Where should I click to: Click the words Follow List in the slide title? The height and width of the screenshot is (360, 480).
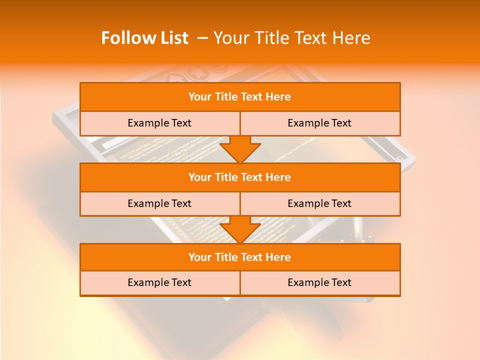(145, 38)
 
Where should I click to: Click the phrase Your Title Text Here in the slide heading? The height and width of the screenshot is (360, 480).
(292, 38)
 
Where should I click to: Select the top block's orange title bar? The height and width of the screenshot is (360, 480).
(240, 97)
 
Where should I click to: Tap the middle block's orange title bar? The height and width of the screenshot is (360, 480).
(240, 177)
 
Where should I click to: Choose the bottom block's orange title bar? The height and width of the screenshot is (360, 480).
(240, 257)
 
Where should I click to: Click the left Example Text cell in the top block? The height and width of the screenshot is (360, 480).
(159, 123)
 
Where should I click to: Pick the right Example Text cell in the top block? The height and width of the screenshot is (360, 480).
(319, 123)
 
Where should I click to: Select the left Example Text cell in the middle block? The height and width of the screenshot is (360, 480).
(159, 203)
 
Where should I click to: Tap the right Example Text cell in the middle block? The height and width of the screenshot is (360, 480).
(319, 203)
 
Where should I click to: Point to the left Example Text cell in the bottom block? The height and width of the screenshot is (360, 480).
(159, 282)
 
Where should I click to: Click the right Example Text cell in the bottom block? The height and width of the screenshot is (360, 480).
(319, 282)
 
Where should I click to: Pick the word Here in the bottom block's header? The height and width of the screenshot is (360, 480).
(278, 257)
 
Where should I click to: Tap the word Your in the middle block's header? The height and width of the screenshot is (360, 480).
(200, 177)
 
